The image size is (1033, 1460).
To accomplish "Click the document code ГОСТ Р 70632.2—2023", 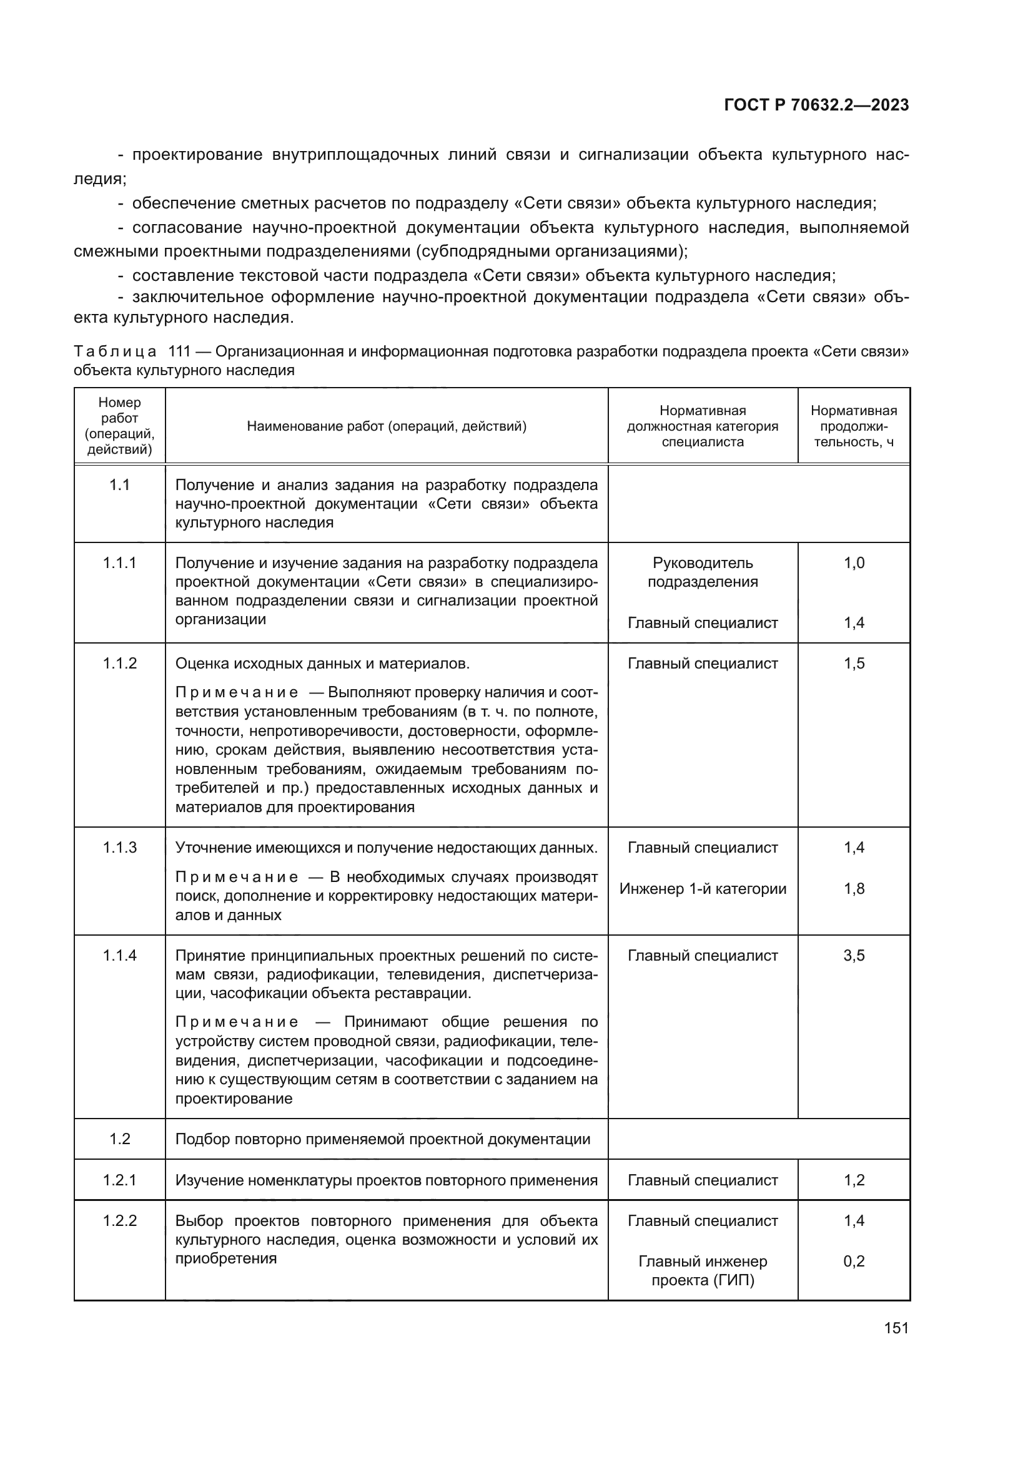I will [x=816, y=105].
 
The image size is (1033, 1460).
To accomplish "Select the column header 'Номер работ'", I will [x=119, y=426].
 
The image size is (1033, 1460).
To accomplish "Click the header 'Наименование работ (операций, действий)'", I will [x=386, y=426].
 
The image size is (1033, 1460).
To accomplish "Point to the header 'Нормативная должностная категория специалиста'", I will [x=702, y=426].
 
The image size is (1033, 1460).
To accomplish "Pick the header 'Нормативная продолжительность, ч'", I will [x=854, y=426].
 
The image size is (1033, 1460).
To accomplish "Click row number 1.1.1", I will [x=119, y=563].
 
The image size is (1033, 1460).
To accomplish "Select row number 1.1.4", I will [x=119, y=955].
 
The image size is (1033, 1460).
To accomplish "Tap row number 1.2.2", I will [x=119, y=1220].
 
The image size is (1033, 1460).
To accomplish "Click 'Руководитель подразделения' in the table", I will [x=702, y=572].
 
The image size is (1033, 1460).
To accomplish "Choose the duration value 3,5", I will [x=854, y=955].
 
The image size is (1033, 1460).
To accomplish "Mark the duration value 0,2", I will [x=854, y=1261].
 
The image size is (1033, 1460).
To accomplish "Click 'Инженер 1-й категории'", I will [x=702, y=888].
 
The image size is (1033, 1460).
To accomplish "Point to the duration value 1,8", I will [x=854, y=888].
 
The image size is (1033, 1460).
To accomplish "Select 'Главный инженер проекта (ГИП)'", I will [x=702, y=1270].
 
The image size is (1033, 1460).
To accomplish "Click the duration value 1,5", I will [x=854, y=664].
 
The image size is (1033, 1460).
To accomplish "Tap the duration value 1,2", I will [x=854, y=1180].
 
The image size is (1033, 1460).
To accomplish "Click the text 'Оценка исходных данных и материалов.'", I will [x=322, y=664].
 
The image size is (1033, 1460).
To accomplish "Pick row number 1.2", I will [x=119, y=1139].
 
